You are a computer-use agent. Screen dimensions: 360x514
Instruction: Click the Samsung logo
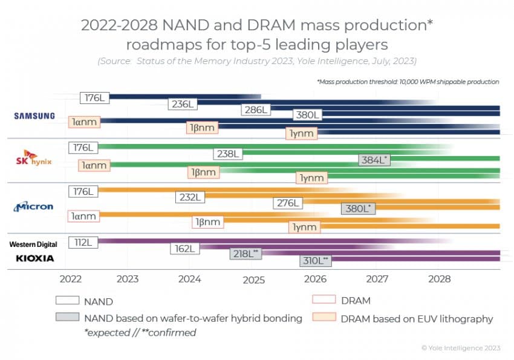tap(35, 116)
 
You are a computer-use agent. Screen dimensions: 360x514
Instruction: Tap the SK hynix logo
tap(34, 159)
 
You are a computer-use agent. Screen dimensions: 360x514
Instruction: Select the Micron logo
tap(34, 206)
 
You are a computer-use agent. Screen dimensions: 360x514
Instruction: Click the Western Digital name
tap(33, 244)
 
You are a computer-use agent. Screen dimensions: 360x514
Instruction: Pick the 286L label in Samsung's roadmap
tap(258, 110)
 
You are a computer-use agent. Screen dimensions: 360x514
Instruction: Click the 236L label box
tap(183, 103)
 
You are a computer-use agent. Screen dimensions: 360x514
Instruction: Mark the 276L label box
tap(287, 203)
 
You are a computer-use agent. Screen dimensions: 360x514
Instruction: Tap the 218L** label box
tap(246, 254)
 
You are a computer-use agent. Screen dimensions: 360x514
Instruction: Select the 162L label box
tap(184, 248)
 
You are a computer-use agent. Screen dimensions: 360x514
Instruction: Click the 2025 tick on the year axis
tap(253, 280)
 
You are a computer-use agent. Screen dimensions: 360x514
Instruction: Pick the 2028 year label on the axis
tap(440, 280)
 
